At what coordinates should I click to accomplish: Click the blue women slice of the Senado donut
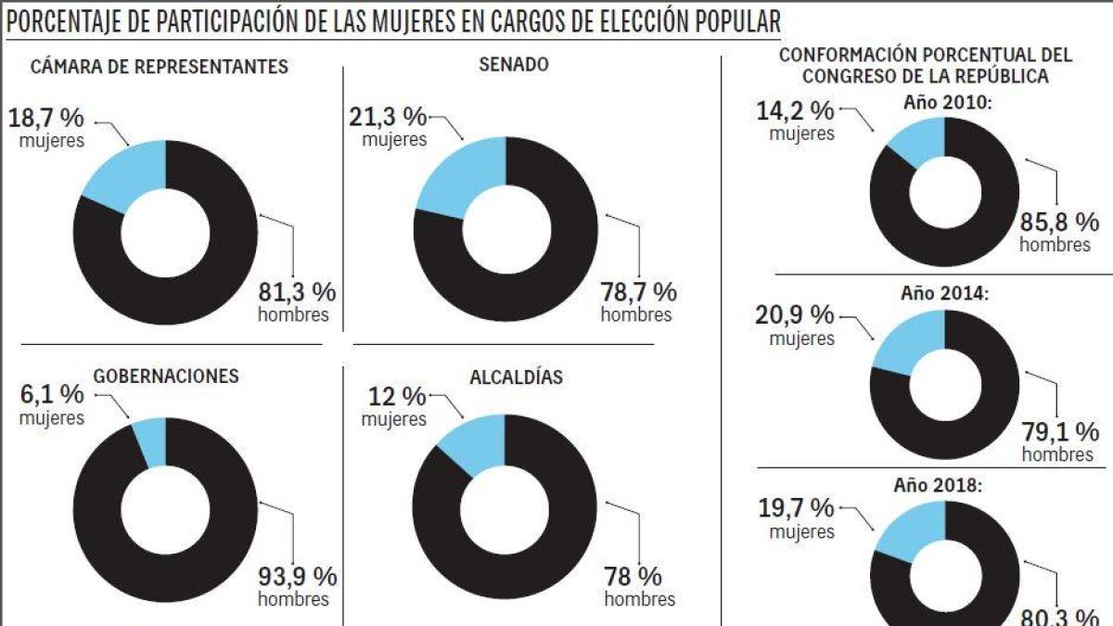(460, 176)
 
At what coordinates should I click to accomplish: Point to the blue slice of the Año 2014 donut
(913, 339)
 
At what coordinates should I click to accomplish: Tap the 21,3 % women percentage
(388, 117)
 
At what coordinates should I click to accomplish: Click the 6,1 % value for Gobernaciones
(52, 394)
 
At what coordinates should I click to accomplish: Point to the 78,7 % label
(639, 292)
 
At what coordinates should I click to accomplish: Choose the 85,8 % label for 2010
(1060, 223)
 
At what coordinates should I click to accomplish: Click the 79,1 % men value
(1061, 432)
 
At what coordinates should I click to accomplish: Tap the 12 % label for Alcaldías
(394, 396)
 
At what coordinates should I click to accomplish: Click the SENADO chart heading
(513, 64)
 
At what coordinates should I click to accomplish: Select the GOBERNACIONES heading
(166, 376)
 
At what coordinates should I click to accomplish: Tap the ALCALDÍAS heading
(516, 377)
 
